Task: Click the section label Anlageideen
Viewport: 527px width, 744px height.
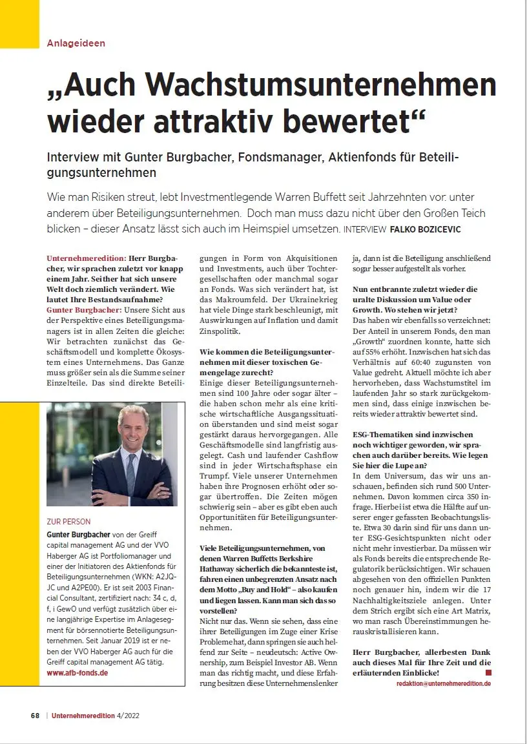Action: tap(76, 43)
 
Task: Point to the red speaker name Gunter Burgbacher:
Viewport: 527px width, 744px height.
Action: tap(84, 310)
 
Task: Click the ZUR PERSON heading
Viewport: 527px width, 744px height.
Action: tap(68, 521)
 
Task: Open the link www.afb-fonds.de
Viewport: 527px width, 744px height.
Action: tap(77, 672)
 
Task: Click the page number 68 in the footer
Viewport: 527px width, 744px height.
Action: tap(35, 716)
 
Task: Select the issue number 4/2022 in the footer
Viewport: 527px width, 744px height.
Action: tap(129, 716)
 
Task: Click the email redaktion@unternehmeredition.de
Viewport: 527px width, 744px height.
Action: tap(443, 683)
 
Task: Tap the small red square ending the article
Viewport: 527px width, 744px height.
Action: tap(488, 672)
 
